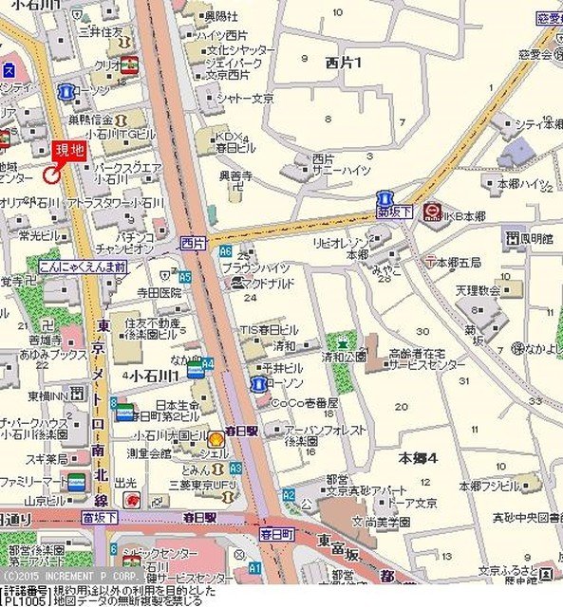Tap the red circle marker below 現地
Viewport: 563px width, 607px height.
[x=51, y=173]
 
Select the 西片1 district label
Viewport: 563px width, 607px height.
[x=344, y=63]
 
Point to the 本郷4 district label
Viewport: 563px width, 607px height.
[x=418, y=458]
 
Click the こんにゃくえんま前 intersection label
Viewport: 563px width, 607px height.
[x=84, y=267]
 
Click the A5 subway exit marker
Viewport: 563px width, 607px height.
[x=185, y=276]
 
